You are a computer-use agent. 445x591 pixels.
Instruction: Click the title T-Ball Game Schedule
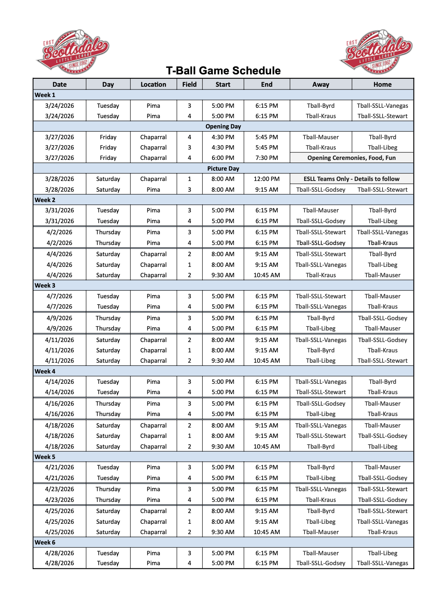[x=223, y=70]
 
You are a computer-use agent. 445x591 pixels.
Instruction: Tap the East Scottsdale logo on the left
[x=73, y=52]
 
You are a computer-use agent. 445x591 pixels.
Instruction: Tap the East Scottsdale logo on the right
[x=376, y=52]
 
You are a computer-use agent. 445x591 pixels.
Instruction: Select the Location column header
[x=153, y=84]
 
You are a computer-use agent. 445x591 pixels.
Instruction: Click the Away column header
[x=320, y=84]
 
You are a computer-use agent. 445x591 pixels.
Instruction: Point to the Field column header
[x=189, y=84]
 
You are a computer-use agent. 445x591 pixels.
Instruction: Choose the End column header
[x=267, y=84]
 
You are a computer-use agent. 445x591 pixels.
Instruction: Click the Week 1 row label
[x=45, y=95]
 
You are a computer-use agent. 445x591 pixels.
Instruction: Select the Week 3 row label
[x=45, y=286]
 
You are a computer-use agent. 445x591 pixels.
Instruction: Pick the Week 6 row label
[x=45, y=542]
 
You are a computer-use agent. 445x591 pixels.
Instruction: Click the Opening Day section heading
[x=223, y=126]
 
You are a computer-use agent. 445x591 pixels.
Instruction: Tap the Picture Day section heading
[x=223, y=169]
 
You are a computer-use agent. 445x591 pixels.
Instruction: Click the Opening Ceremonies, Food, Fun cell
[x=351, y=158]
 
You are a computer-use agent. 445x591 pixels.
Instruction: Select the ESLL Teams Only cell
[x=351, y=179]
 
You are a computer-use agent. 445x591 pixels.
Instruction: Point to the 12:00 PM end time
[x=267, y=179]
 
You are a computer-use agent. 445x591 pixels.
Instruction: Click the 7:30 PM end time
[x=267, y=158]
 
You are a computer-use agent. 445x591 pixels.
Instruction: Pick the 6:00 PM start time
[x=223, y=158]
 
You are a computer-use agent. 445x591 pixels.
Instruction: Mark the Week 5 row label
[x=45, y=457]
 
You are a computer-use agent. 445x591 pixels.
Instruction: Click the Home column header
[x=383, y=84]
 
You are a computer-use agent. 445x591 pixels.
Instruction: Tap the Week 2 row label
[x=45, y=200]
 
